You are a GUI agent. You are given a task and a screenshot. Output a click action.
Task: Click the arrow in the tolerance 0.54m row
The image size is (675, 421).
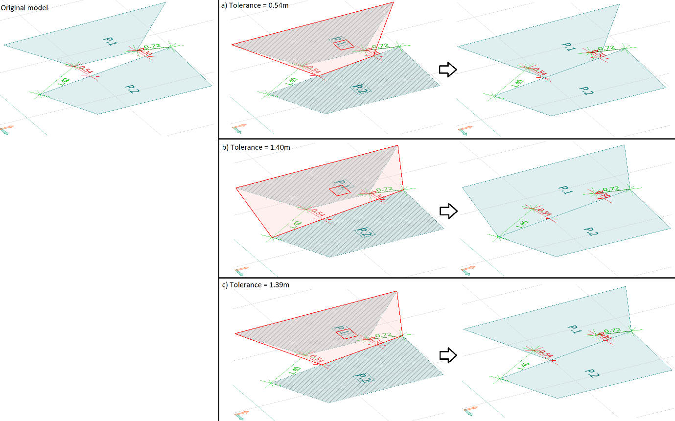[448, 70]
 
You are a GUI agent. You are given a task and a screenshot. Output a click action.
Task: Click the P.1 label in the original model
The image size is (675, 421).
[110, 41]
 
